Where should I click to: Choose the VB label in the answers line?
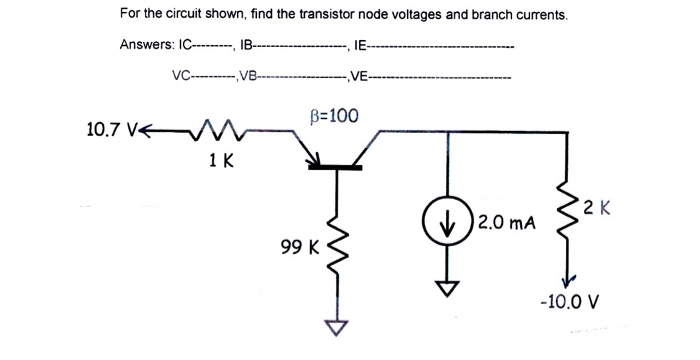[245, 74]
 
